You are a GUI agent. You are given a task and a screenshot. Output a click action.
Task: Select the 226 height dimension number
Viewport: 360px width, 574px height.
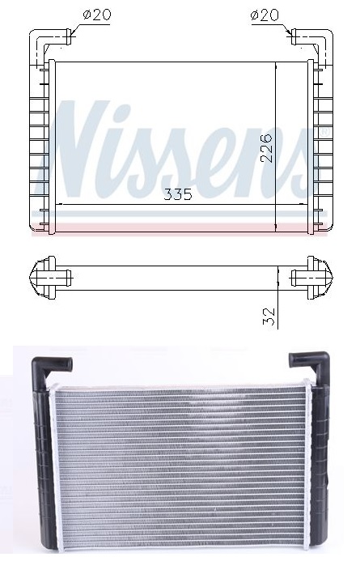pyautogui.click(x=266, y=147)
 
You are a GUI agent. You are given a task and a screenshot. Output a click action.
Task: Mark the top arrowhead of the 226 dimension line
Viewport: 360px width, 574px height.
pyautogui.click(x=277, y=66)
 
